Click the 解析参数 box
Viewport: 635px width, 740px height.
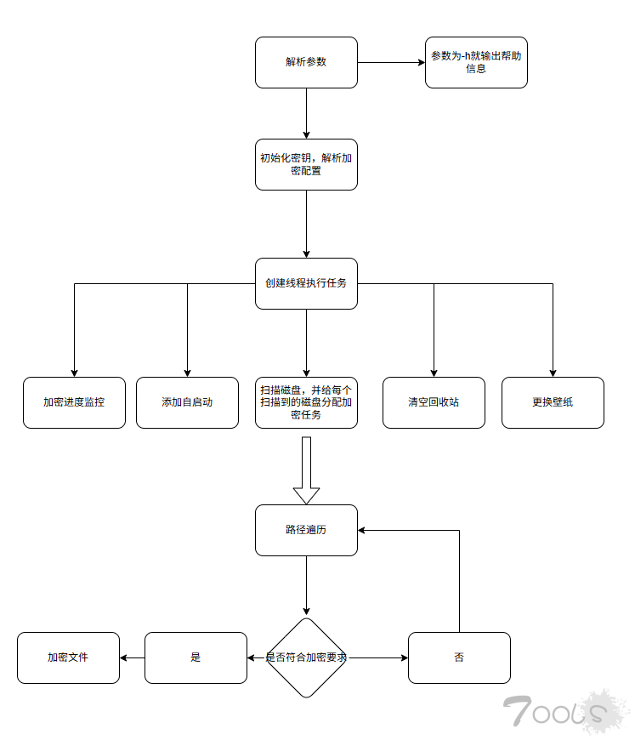306,62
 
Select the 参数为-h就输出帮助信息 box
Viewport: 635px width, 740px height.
476,62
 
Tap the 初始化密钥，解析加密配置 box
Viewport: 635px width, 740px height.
306,164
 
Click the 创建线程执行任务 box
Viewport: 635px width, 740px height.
306,283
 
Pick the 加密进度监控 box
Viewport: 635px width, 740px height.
74,402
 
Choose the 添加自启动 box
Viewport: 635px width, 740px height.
187,402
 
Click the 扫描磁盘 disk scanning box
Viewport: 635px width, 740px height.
306,402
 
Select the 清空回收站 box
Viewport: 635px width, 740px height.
434,402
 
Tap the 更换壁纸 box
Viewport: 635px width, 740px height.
553,402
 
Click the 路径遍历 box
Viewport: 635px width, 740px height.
306,530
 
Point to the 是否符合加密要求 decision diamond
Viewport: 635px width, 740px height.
306,657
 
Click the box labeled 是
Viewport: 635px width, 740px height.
196,657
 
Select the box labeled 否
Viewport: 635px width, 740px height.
459,657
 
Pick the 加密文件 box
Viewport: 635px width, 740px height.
68,657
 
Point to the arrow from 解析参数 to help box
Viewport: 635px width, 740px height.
391,62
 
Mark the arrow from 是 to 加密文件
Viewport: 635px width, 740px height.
132,657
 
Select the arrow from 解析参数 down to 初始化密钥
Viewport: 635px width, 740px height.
306,113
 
